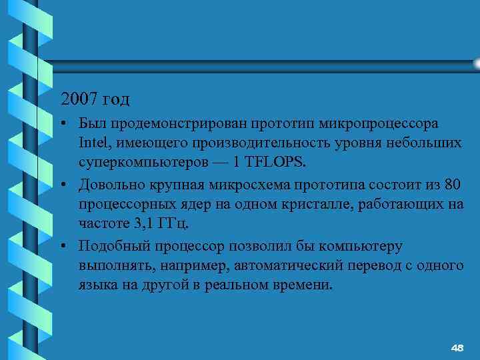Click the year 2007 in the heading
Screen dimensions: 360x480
point(79,99)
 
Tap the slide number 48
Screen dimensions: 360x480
point(457,348)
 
